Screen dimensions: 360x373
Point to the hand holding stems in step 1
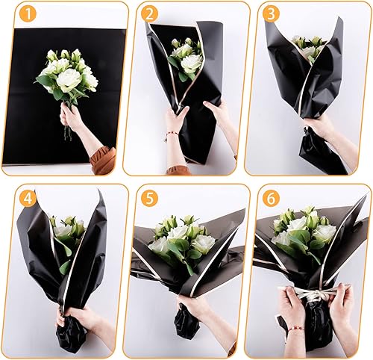coord(72,117)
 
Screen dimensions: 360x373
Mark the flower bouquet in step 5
coord(179,238)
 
